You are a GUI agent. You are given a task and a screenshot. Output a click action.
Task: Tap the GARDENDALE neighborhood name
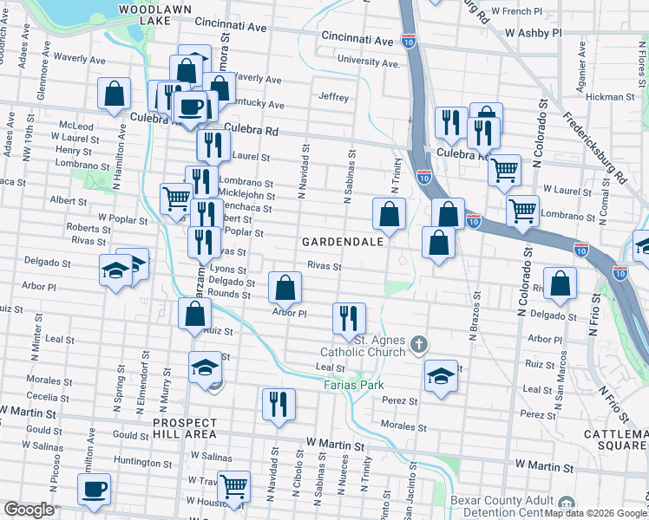pos(343,242)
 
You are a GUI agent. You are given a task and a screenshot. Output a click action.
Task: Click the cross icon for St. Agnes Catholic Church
pos(419,345)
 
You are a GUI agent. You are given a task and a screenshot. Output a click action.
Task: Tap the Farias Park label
pos(352,384)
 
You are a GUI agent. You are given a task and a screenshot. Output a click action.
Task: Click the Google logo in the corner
pos(29,510)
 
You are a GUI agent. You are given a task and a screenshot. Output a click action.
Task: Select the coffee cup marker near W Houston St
pos(95,489)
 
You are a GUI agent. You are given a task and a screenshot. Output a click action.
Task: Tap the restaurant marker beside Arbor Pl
pos(349,318)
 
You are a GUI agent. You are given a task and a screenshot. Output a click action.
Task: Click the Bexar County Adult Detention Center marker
pos(567,504)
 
